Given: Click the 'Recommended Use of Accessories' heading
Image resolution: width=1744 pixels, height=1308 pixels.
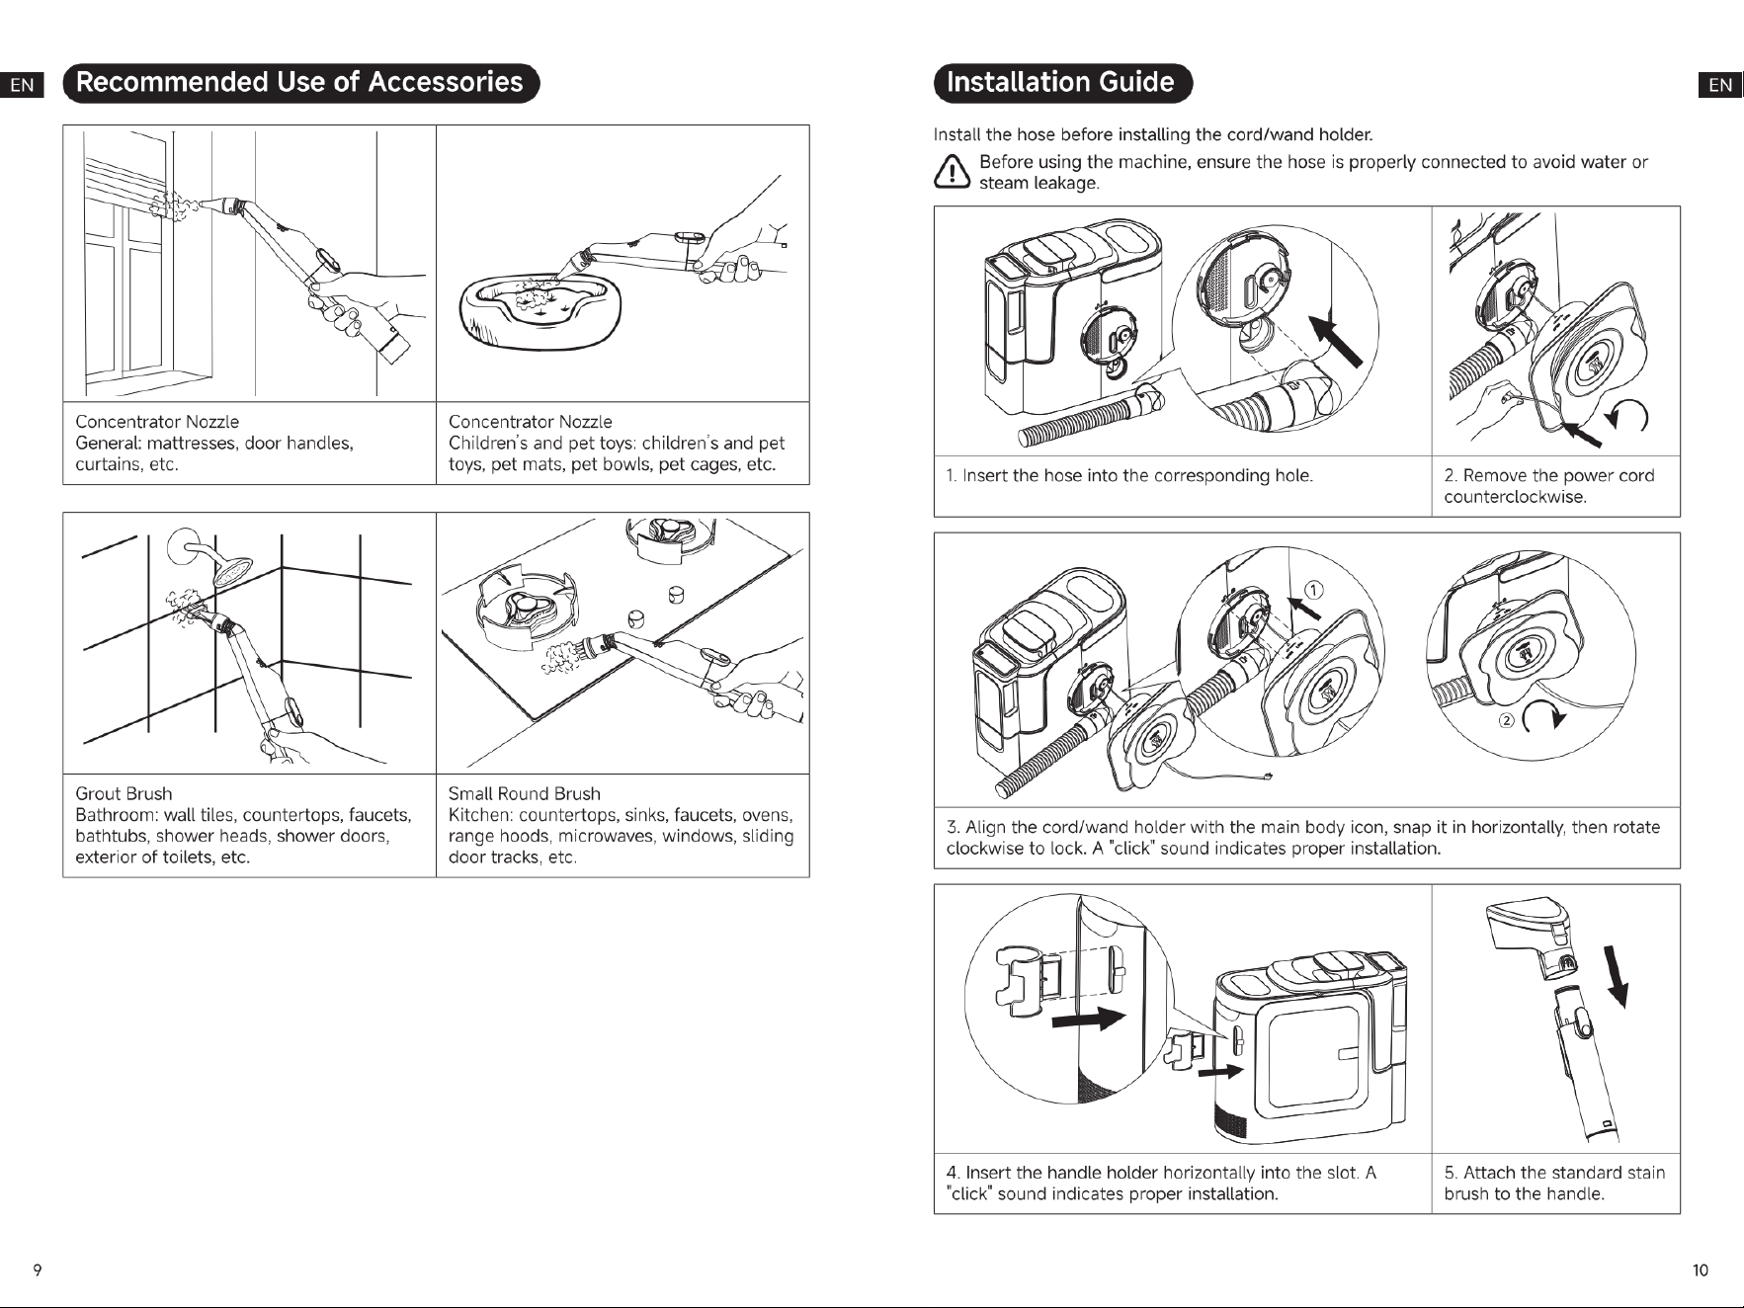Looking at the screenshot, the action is pyautogui.click(x=300, y=83).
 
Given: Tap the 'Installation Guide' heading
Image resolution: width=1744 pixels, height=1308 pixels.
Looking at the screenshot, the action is pyautogui.click(x=1062, y=83).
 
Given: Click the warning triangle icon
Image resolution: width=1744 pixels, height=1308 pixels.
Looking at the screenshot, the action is pyautogui.click(x=951, y=173).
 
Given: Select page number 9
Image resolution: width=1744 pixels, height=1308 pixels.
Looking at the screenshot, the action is pyautogui.click(x=38, y=1270).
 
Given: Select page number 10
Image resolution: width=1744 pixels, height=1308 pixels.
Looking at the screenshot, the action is pyautogui.click(x=1700, y=1270).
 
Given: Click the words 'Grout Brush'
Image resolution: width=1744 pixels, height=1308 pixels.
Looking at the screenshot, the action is pyautogui.click(x=124, y=793).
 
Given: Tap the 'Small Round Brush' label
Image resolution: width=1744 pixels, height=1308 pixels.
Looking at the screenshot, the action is pyautogui.click(x=524, y=793).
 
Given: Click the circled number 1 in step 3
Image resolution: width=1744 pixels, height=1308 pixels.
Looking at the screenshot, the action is pyautogui.click(x=1313, y=590).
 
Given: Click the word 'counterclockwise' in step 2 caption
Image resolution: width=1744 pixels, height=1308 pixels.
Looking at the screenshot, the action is pyautogui.click(x=1515, y=497).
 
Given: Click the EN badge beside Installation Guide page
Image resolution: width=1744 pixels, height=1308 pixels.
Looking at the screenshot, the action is pyautogui.click(x=1720, y=85).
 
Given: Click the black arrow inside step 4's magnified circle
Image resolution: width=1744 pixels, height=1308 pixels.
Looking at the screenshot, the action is pyautogui.click(x=1089, y=1019).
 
